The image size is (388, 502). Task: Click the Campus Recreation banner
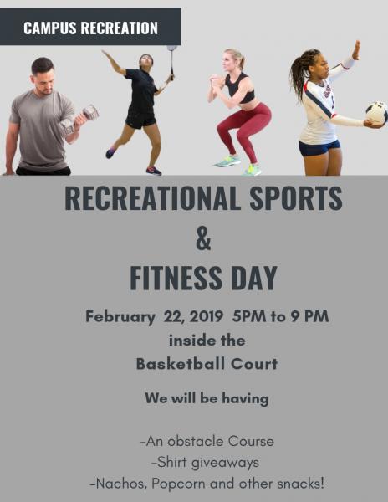[90, 28]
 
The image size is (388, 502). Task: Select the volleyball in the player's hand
[376, 113]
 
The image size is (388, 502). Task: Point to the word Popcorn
[184, 483]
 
